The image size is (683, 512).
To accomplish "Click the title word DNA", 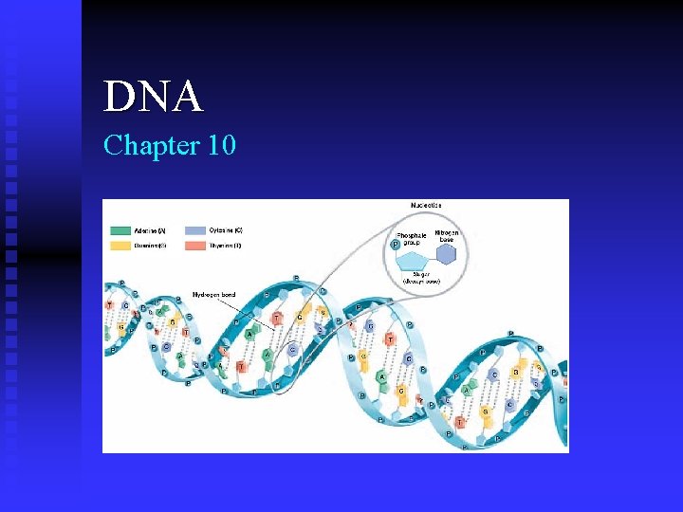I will point(153,97).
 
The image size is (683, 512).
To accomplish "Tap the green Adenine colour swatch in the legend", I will point(120,230).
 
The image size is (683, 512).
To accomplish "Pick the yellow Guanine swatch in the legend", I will point(120,246).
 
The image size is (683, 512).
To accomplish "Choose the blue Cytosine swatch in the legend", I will point(195,230).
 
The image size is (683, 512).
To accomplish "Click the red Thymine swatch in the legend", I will point(195,246).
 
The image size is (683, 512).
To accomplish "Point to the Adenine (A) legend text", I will point(149,230).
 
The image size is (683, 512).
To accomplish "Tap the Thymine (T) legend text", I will point(226,246).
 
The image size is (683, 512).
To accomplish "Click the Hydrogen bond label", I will point(213,294).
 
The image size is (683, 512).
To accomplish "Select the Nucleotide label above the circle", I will point(425,206).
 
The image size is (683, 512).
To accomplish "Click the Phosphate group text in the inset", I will point(411,239).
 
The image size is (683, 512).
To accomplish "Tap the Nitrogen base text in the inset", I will point(447,236).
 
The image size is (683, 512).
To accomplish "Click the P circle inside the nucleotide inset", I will point(396,245).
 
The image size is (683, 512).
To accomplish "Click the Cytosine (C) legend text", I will point(226,230).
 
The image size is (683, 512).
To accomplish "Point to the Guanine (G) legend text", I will point(149,246).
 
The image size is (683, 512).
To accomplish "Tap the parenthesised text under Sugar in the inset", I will point(422,282).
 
